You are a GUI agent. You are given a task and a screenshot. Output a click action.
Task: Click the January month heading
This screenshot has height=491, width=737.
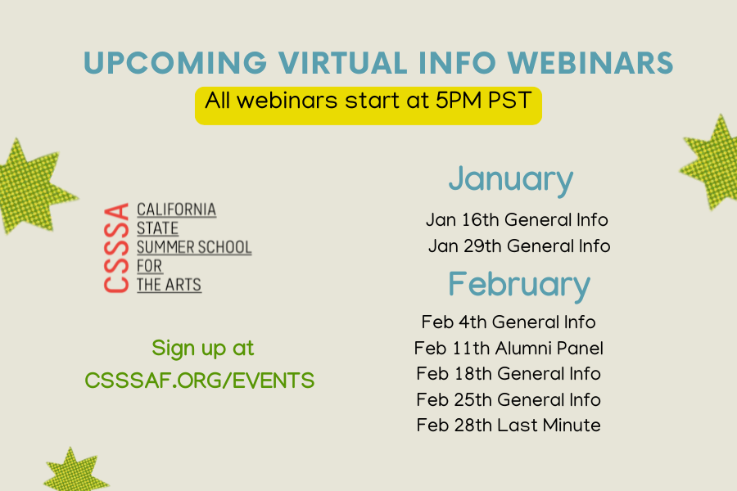tap(510, 179)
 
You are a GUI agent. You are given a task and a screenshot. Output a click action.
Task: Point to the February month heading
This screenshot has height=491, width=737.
tap(518, 284)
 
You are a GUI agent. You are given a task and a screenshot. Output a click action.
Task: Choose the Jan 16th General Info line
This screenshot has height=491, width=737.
tap(517, 219)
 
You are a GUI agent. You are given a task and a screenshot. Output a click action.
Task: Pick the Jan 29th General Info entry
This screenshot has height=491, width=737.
tap(519, 245)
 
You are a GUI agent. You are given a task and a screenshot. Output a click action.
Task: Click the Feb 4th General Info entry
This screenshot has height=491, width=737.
tap(509, 322)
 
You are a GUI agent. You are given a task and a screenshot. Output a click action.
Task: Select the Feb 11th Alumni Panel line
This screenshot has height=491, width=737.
tap(509, 348)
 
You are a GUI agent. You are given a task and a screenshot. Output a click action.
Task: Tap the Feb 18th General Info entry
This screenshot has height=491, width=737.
tap(509, 374)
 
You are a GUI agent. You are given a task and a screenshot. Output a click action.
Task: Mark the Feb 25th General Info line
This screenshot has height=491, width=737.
tap(509, 399)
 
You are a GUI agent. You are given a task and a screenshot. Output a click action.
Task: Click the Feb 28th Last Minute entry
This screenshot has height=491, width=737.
tap(509, 426)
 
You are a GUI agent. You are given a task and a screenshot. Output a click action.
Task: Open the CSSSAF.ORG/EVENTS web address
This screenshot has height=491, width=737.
tap(200, 381)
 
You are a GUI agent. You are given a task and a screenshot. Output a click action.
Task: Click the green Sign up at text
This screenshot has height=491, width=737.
tap(203, 348)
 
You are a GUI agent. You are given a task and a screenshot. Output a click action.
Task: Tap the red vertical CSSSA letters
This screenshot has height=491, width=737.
tap(118, 248)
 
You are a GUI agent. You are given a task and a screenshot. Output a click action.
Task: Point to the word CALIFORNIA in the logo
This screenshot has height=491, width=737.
tap(177, 209)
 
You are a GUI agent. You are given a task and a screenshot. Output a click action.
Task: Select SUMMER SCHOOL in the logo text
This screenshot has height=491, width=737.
tap(194, 247)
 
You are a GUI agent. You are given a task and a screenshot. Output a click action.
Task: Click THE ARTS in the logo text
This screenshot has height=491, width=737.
tap(169, 285)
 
